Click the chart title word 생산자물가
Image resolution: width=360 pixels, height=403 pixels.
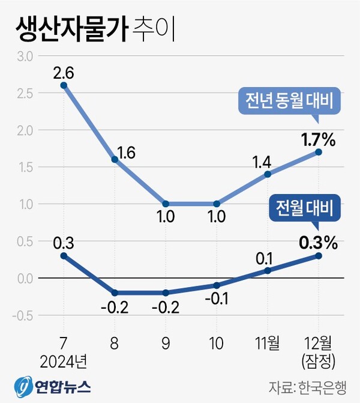point(67,29)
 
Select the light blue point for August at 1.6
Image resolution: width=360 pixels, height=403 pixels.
point(115,160)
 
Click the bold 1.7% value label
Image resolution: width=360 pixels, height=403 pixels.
point(317,141)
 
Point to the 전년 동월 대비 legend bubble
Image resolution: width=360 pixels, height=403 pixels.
point(289,102)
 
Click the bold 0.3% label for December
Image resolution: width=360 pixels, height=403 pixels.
point(317,243)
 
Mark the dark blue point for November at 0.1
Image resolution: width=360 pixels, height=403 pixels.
point(267,270)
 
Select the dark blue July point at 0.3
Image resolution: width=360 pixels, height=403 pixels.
point(64,255)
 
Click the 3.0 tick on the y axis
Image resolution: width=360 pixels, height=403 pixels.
point(24,56)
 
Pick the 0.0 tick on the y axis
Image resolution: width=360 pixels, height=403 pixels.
point(24,278)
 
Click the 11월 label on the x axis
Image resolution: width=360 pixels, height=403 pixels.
point(267,343)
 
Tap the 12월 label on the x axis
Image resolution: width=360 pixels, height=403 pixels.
point(318,343)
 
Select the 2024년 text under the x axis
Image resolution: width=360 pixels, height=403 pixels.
point(64,362)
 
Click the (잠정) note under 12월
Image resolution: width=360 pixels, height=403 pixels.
point(318,362)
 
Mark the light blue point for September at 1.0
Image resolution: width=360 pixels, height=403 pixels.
point(166,204)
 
